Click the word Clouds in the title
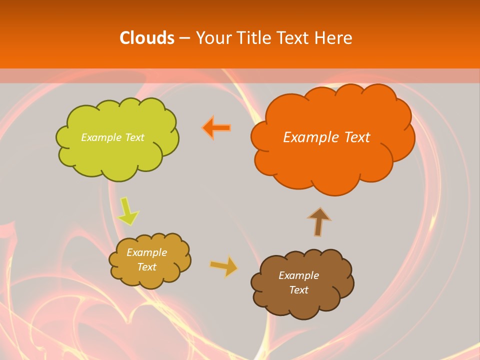pos(146,38)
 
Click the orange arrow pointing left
pos(217,128)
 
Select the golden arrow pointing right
pos(224,266)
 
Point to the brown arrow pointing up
pos(319,221)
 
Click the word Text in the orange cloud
pos(357,137)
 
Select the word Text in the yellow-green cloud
pos(135,137)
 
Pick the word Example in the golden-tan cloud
pos(147,252)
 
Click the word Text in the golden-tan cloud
pos(147,267)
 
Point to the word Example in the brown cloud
pos(298,275)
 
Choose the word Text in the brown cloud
pos(298,290)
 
